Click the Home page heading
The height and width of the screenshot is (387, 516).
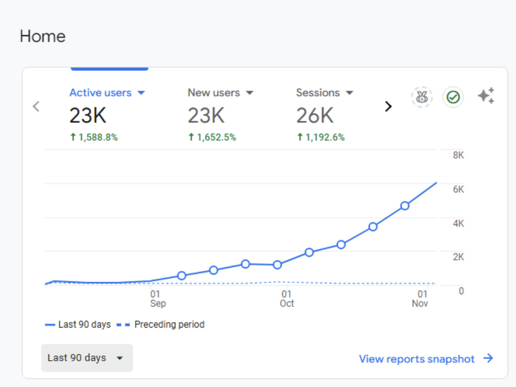43,36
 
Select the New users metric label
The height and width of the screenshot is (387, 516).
214,93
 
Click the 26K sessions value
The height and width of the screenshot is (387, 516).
315,116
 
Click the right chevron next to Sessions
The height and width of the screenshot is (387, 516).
389,106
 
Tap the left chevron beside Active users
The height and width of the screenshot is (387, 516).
36,106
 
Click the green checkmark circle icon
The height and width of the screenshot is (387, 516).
453,97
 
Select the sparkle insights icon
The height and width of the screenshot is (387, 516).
486,96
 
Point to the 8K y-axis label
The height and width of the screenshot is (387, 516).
458,155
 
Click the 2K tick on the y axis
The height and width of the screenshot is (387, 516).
458,257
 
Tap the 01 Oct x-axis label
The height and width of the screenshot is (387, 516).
286,299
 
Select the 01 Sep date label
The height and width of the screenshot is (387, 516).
158,299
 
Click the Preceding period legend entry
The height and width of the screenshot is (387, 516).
160,325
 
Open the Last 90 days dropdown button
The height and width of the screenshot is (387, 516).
87,358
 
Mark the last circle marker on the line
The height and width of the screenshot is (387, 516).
405,206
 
